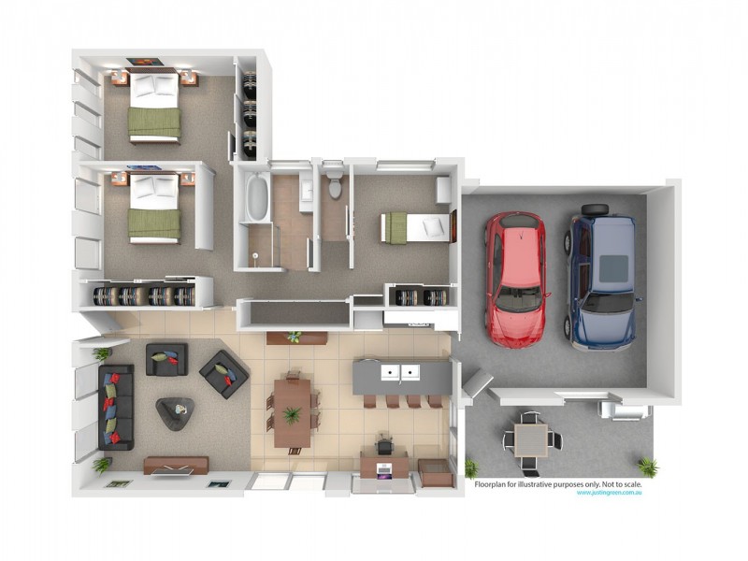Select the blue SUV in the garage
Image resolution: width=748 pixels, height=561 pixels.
coord(600,276)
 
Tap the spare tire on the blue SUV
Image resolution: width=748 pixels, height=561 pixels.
coord(594,210)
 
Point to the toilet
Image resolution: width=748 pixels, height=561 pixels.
coord(335,186)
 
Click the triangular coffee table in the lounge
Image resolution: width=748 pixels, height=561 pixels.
coord(175,411)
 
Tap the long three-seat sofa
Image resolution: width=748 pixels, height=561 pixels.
coord(116,407)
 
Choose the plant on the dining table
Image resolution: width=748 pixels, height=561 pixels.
coord(293,413)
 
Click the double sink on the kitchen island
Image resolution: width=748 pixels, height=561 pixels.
coord(399,374)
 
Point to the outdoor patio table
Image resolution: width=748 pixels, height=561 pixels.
coord(530,439)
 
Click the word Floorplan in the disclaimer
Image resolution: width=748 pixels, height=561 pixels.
coord(494,483)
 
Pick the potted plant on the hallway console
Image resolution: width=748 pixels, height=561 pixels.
coord(295,336)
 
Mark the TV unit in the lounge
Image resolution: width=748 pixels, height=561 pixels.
coord(176,465)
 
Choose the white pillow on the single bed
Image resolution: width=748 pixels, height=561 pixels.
coord(434,226)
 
